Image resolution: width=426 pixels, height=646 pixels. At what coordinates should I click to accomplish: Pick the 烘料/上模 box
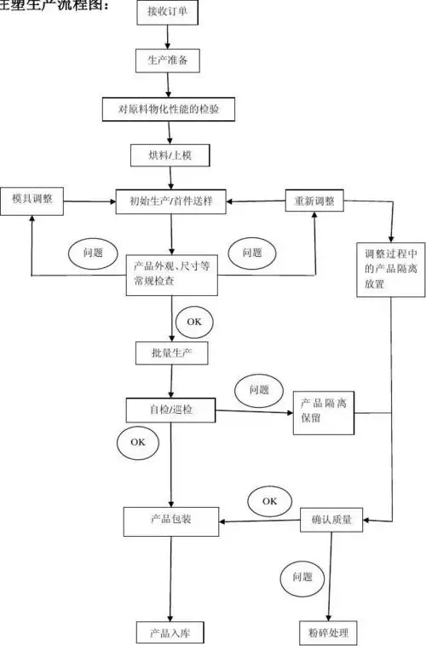click(170, 156)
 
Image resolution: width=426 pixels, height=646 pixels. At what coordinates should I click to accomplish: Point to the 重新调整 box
click(314, 201)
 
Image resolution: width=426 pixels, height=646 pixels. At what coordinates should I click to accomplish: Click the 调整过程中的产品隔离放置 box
click(390, 269)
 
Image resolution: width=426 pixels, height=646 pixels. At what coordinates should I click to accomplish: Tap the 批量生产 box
click(170, 352)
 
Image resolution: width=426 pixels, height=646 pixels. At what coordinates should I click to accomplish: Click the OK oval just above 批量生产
click(194, 322)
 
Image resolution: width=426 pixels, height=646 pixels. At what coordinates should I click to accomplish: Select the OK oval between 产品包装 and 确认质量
click(269, 500)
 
